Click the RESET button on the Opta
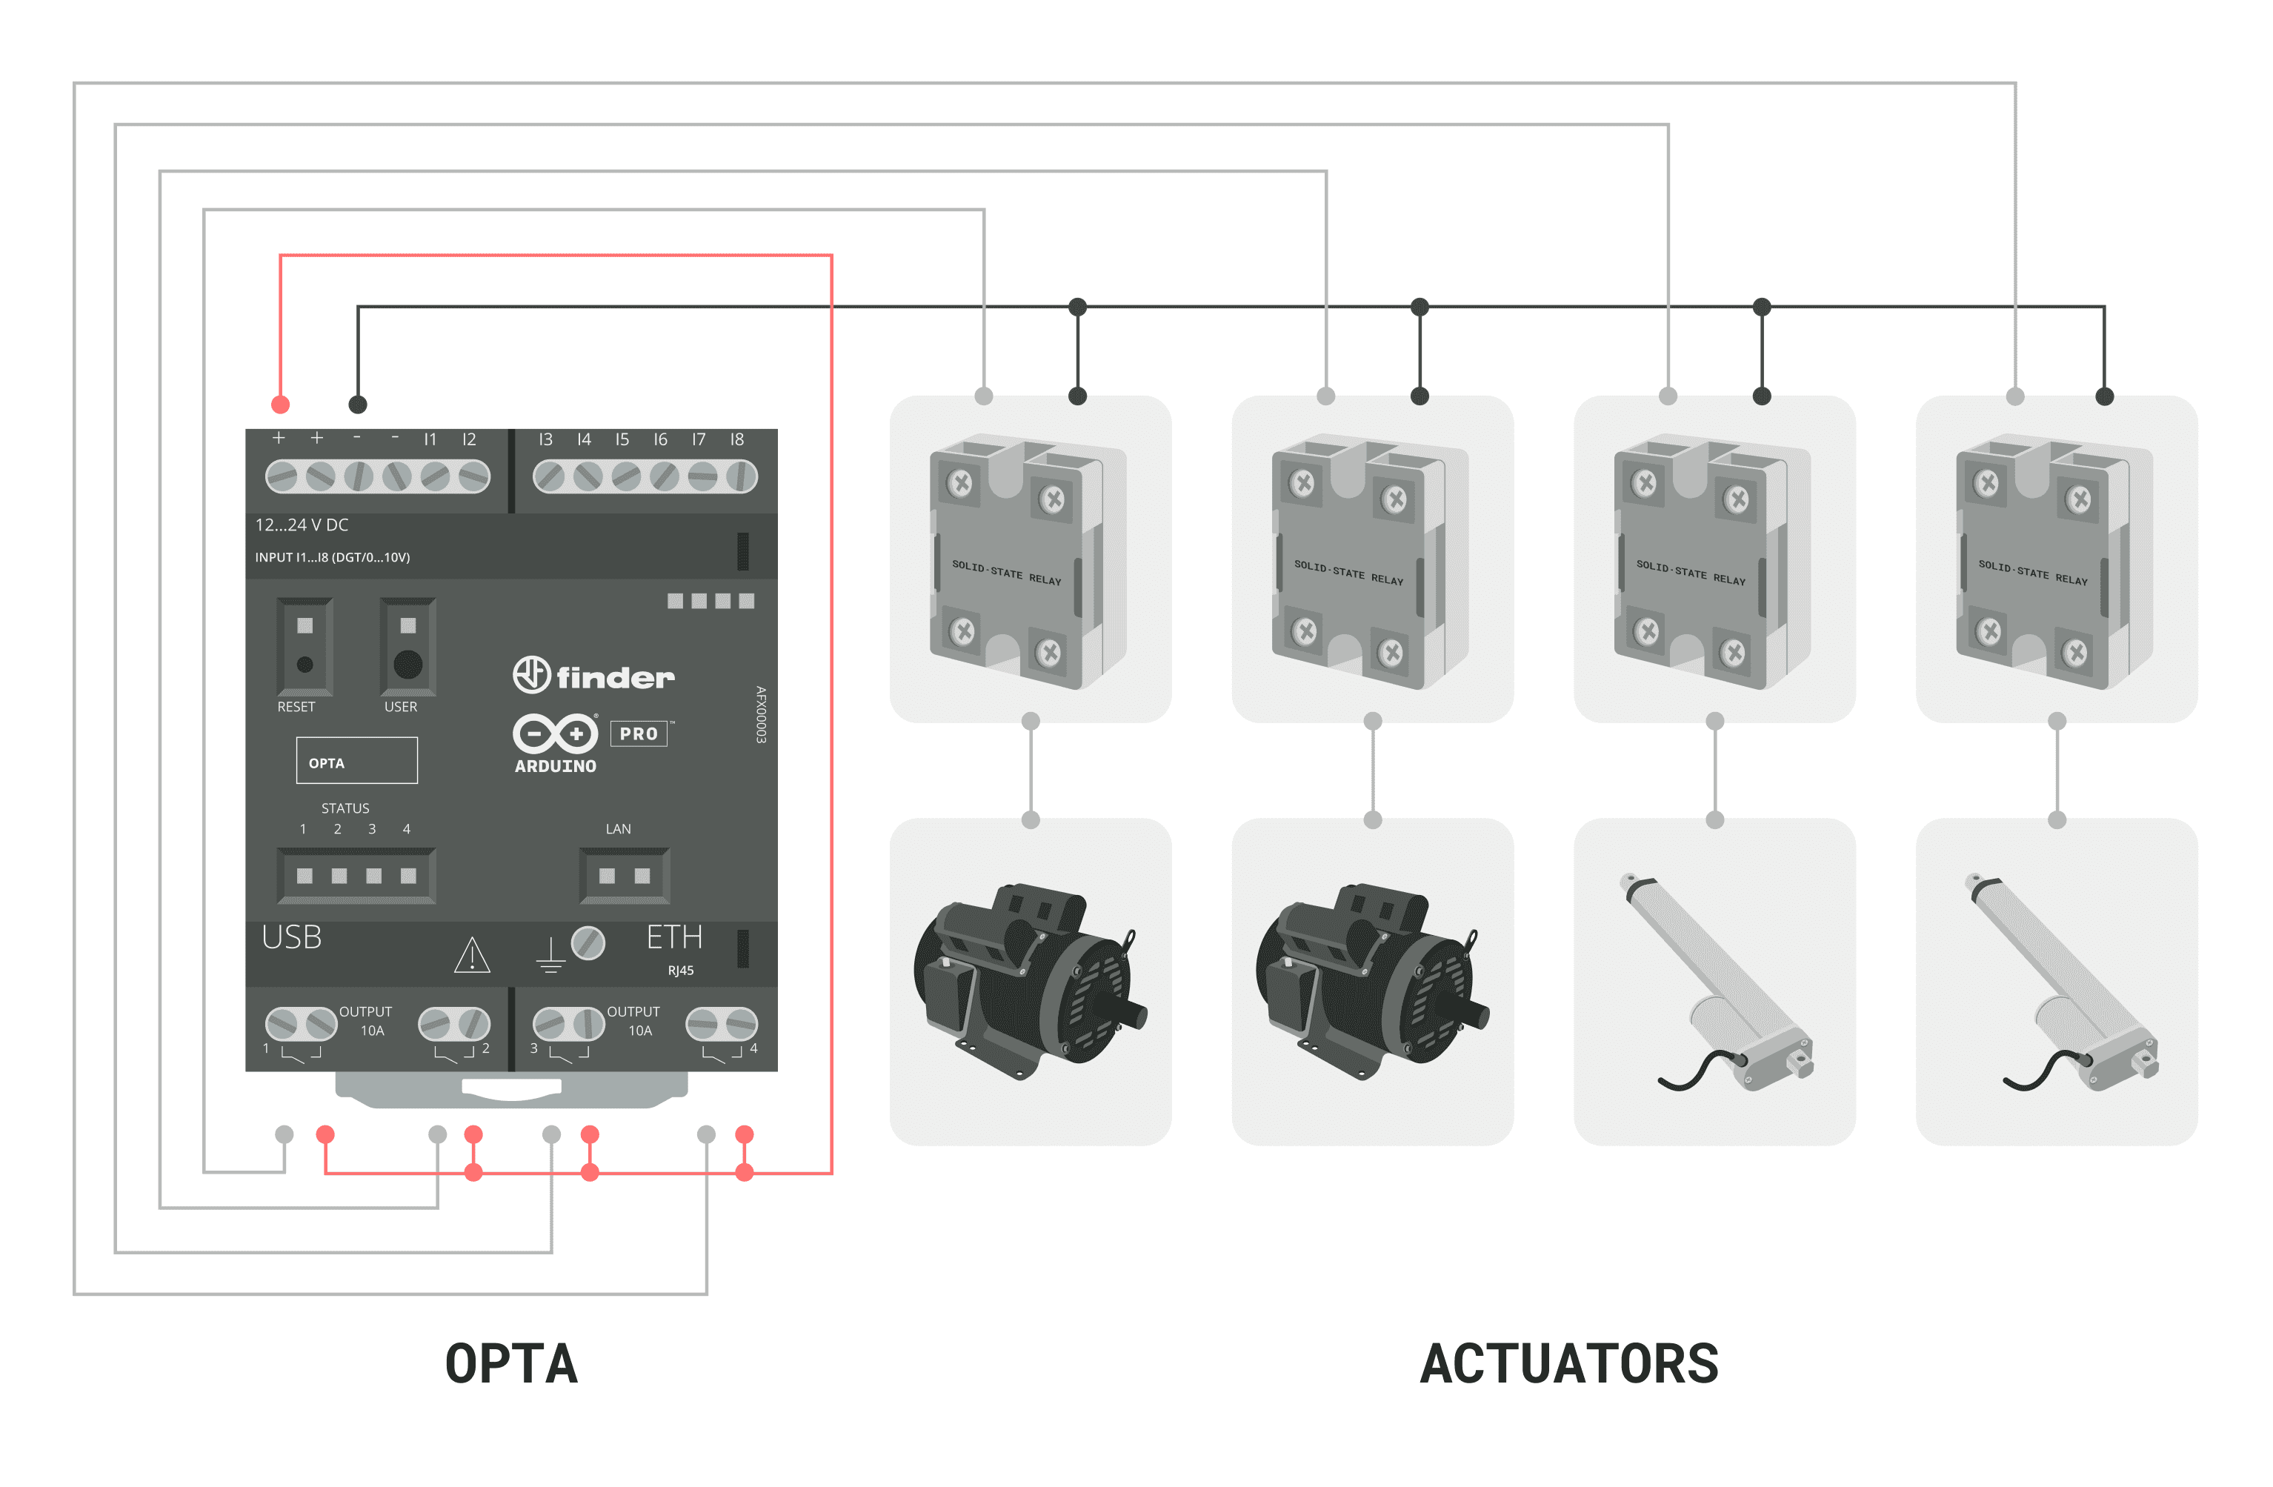(x=304, y=664)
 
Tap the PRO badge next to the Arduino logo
(x=638, y=733)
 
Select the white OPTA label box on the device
(x=356, y=761)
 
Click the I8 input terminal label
(x=736, y=439)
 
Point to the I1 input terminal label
(x=430, y=439)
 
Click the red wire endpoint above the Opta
(x=280, y=404)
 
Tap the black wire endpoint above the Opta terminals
(x=357, y=404)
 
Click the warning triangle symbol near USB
(x=472, y=955)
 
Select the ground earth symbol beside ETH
(x=550, y=955)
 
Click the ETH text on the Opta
(x=674, y=937)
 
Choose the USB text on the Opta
(x=291, y=937)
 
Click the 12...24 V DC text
(x=301, y=525)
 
